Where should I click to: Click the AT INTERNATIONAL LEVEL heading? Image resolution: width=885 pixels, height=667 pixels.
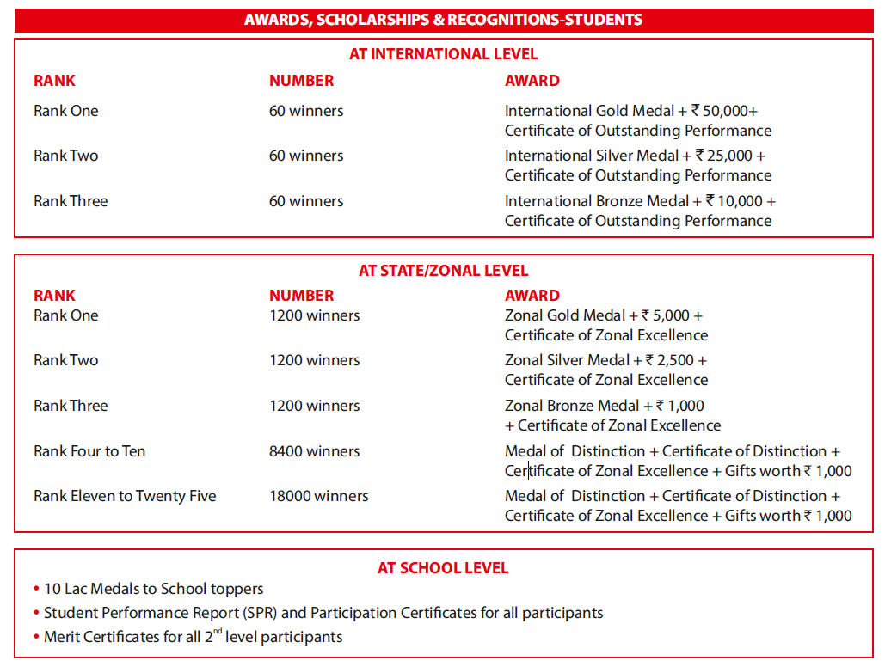pyautogui.click(x=443, y=54)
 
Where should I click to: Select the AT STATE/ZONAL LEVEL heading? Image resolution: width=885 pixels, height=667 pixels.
pyautogui.click(x=443, y=271)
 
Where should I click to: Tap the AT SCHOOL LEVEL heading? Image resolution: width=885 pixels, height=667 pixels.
pyautogui.click(x=443, y=568)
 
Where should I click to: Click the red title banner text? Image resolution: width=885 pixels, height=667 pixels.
pyautogui.click(x=443, y=20)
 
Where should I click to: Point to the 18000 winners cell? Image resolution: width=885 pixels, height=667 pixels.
pyautogui.click(x=318, y=496)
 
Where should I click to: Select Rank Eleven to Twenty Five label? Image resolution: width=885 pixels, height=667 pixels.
pyautogui.click(x=125, y=496)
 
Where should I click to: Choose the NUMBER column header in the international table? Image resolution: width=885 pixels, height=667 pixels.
pyautogui.click(x=301, y=81)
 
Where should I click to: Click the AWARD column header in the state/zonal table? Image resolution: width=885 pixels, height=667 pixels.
pyautogui.click(x=532, y=296)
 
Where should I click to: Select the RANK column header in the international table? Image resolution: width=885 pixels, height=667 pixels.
pyautogui.click(x=54, y=81)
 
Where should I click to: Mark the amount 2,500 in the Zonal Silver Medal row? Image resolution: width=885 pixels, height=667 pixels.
pyautogui.click(x=677, y=360)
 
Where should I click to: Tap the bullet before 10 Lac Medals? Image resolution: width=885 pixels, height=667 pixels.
pyautogui.click(x=36, y=590)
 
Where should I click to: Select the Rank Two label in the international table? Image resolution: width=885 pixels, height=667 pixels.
pyautogui.click(x=66, y=156)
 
